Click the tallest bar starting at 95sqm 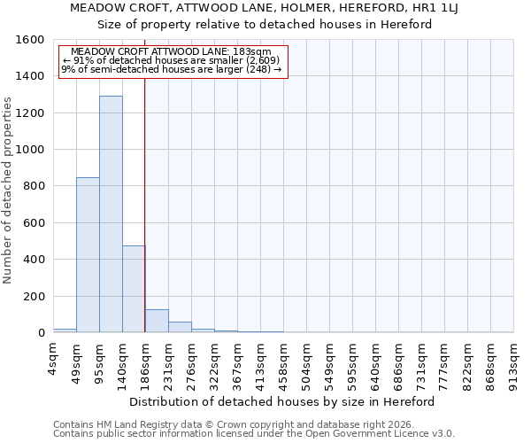[111, 214]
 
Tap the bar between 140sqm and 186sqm [134, 289]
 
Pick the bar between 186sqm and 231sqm [157, 321]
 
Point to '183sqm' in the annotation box [252, 51]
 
